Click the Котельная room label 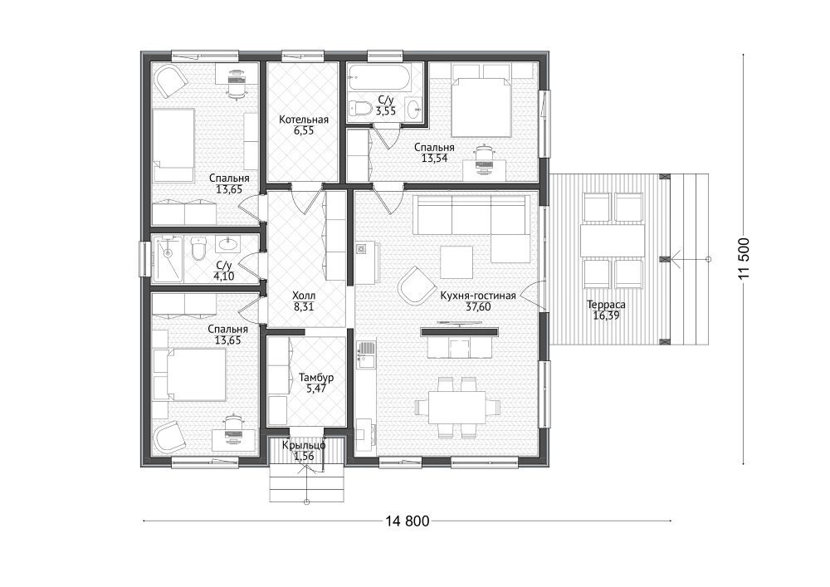304,120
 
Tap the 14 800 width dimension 407,521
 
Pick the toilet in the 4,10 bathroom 198,249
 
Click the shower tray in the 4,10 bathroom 168,257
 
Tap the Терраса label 606,305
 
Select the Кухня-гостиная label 478,296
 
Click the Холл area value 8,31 304,306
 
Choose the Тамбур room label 316,378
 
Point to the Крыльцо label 304,445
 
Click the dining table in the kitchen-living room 457,407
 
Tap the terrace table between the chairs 613,241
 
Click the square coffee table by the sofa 456,263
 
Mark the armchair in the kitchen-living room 416,285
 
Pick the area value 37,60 478,306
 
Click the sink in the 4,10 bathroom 228,243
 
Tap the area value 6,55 304,130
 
